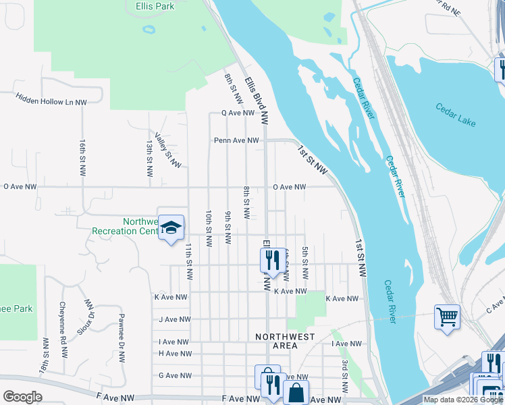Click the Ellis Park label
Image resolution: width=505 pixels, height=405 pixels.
[150, 6]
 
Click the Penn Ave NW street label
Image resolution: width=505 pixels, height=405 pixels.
[236, 140]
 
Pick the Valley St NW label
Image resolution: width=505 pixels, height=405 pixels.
[167, 150]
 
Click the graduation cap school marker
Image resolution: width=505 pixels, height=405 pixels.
[171, 227]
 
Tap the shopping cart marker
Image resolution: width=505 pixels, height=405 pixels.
[447, 316]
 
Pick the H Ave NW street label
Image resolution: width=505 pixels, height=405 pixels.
[175, 353]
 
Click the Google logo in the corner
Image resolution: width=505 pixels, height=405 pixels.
[22, 397]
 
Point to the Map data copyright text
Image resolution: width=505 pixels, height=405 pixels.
[463, 400]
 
